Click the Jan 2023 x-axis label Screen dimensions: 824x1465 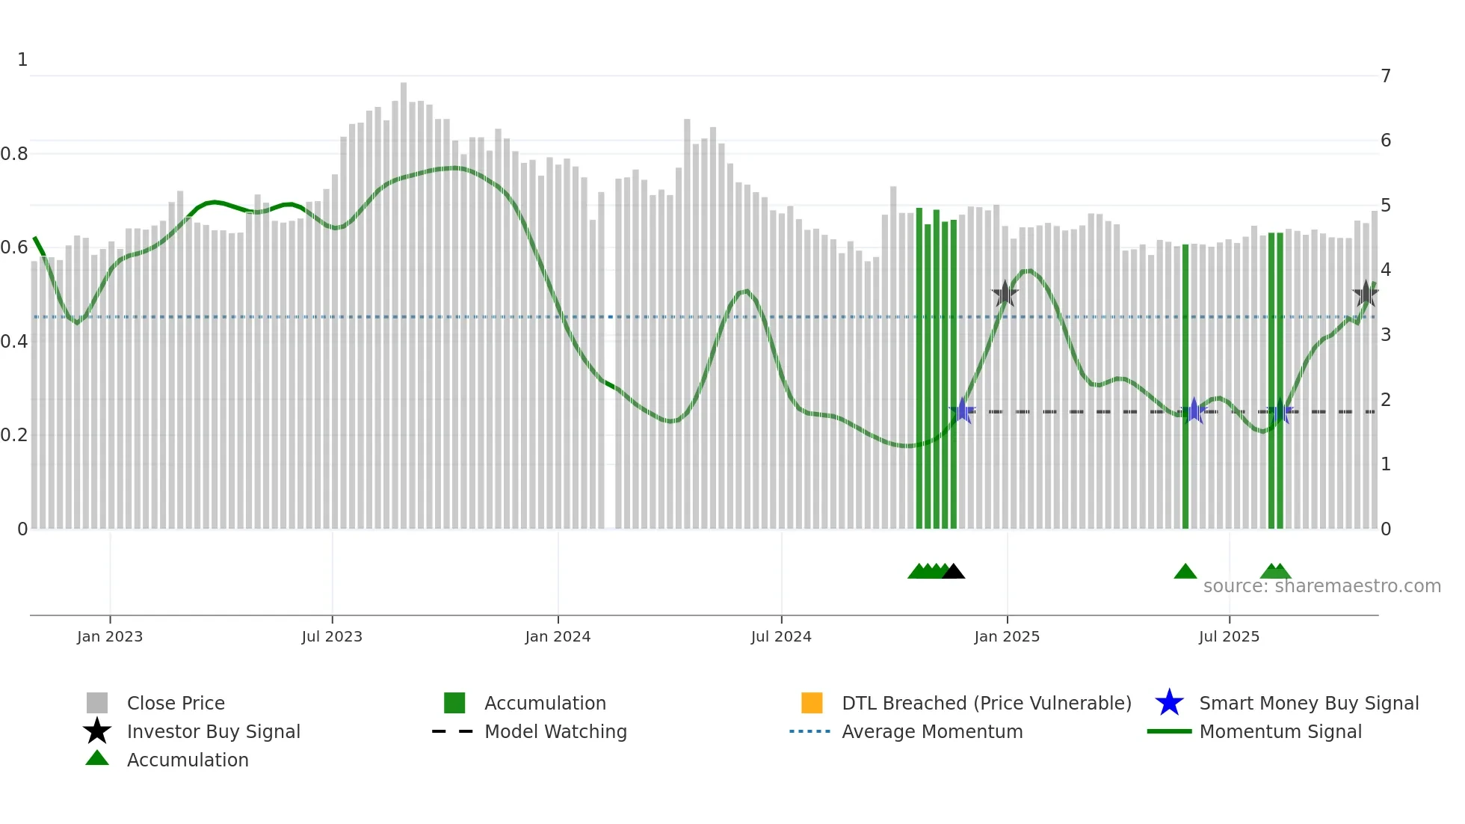click(x=110, y=637)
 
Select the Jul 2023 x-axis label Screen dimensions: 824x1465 click(x=332, y=637)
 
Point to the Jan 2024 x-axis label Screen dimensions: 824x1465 click(x=558, y=637)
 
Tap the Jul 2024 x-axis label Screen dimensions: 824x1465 click(x=781, y=637)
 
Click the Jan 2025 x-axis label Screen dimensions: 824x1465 click(x=1007, y=637)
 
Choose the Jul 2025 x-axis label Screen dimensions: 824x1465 click(x=1229, y=637)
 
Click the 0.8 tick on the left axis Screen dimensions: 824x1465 click(x=14, y=154)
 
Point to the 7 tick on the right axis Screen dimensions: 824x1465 click(x=1386, y=76)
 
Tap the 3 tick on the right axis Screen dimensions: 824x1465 click(x=1386, y=335)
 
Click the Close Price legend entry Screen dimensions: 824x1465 click(x=176, y=704)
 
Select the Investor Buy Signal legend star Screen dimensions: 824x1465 click(x=97, y=731)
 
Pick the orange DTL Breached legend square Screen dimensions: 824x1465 click(x=812, y=703)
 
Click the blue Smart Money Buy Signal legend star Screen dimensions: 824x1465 click(x=1169, y=703)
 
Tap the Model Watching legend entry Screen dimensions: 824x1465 click(x=555, y=732)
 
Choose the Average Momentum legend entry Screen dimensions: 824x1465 click(x=932, y=732)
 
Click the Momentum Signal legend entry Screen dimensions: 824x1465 click(x=1280, y=732)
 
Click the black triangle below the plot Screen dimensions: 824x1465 click(x=953, y=572)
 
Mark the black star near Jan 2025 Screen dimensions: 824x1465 click(x=1005, y=294)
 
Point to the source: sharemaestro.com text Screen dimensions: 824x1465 click(x=1321, y=586)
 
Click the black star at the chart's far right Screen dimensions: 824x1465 click(x=1366, y=294)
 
